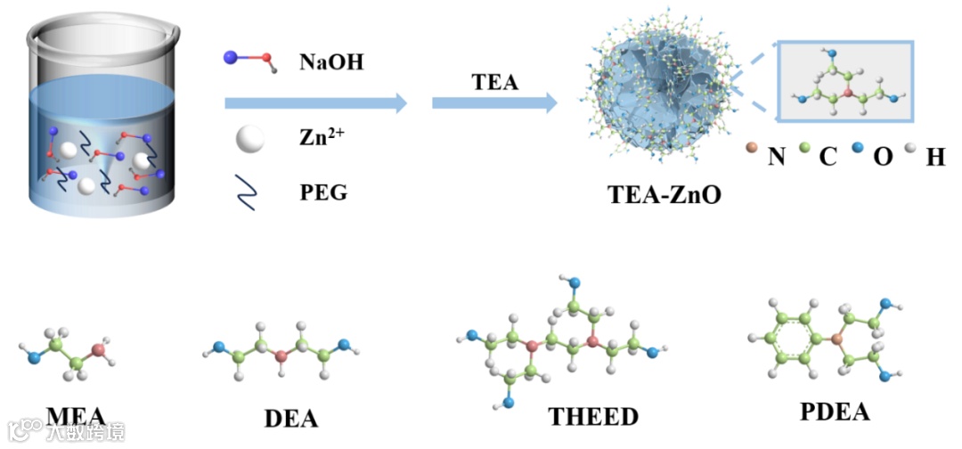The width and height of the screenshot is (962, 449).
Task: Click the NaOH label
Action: point(331,62)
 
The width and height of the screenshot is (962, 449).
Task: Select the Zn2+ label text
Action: point(322,139)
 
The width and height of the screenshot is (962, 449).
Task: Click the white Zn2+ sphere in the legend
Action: point(250,140)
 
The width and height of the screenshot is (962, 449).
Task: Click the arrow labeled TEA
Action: point(494,103)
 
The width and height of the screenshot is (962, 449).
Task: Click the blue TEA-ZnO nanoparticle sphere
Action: point(659,94)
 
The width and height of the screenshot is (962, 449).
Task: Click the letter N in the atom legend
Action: point(776,158)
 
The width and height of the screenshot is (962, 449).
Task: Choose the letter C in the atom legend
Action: point(827,158)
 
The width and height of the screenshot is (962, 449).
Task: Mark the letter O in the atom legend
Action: point(881,158)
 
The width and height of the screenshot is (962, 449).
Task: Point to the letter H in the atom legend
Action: point(935,158)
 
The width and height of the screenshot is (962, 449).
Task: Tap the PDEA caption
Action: point(834,412)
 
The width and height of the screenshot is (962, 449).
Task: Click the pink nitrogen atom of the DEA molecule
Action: point(281,356)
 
